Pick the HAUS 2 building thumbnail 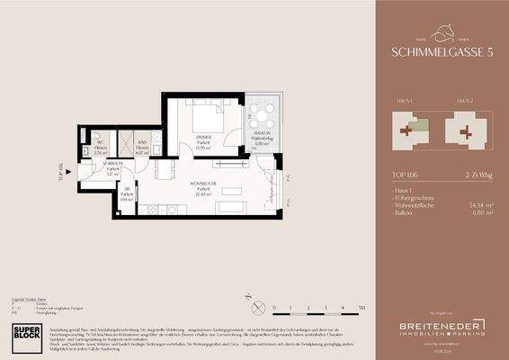click(x=462, y=130)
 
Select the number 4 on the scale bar click(x=344, y=308)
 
